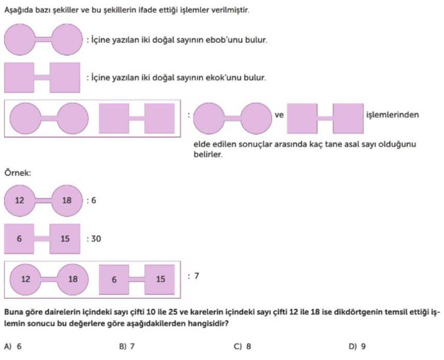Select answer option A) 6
pos(13,347)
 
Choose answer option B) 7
pos(127,347)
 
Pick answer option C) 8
pos(242,347)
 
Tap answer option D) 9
pos(357,347)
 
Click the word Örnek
pos(17,172)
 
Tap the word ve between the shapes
pos(279,115)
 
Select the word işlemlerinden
pos(393,115)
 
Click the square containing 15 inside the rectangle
pos(160,280)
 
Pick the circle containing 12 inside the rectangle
pos(25,280)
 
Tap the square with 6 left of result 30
pos(19,239)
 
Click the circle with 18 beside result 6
pos(67,200)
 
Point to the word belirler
pos(208,154)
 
